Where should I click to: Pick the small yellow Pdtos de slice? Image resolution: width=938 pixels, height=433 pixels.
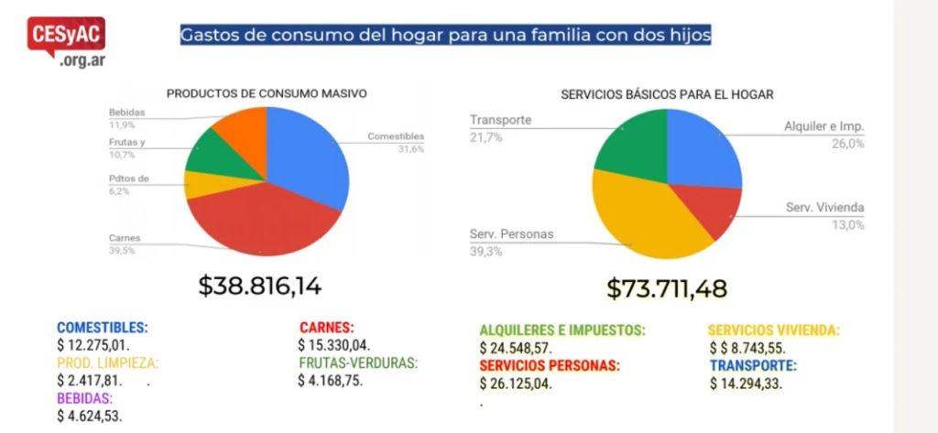(x=208, y=184)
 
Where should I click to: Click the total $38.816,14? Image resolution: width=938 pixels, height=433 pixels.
(x=261, y=286)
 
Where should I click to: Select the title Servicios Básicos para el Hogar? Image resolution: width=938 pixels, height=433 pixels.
(x=668, y=93)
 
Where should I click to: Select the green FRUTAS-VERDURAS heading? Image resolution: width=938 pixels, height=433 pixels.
(x=357, y=363)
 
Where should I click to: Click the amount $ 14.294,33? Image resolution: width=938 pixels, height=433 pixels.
(x=747, y=384)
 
